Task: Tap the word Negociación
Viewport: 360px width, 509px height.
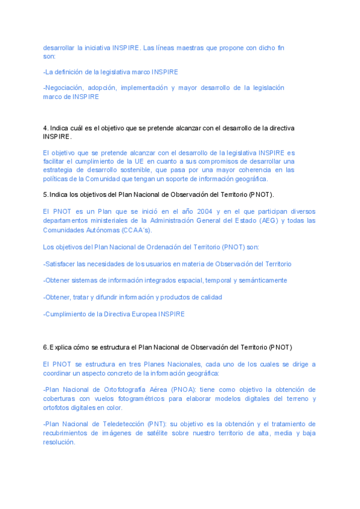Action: coord(62,88)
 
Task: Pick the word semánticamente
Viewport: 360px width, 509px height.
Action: coord(262,280)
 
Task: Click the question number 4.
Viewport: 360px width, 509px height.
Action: coord(45,128)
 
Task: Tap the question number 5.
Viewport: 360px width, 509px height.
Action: coord(45,194)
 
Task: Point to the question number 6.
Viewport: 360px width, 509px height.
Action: coord(45,348)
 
